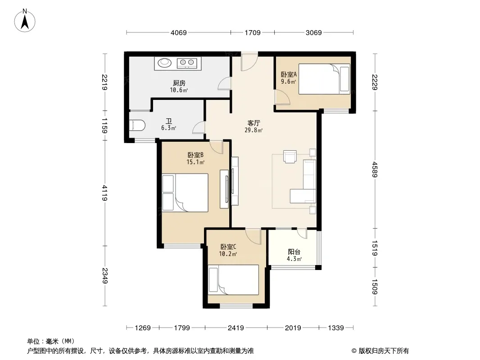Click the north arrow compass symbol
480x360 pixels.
click(x=25, y=21)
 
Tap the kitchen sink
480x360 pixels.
click(x=165, y=63)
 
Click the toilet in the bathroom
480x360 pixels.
click(x=137, y=126)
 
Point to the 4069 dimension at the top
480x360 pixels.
click(x=178, y=32)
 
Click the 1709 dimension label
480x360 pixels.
click(x=253, y=32)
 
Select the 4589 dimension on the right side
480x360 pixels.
click(x=375, y=170)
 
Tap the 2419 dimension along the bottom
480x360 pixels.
click(x=235, y=328)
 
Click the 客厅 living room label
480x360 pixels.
click(x=254, y=123)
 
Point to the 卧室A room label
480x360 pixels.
click(x=289, y=74)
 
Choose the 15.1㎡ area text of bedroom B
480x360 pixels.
click(x=195, y=162)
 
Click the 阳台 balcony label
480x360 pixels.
click(x=294, y=252)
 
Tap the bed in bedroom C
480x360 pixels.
click(x=234, y=280)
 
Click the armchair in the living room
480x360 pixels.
click(x=290, y=156)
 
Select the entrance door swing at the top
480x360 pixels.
click(x=249, y=63)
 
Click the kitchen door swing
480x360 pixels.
click(x=224, y=84)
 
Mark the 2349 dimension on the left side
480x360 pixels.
click(x=105, y=275)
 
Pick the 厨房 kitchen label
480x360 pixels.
click(x=179, y=83)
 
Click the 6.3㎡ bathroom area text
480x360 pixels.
click(x=169, y=128)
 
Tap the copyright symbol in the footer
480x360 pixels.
click(x=354, y=351)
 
